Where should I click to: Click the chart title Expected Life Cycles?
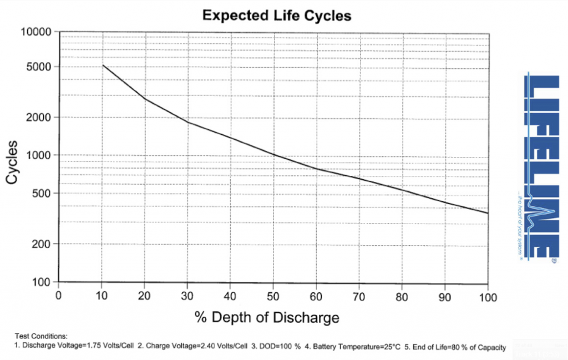(x=277, y=15)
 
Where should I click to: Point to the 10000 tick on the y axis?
(x=36, y=32)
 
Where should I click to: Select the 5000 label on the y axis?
(x=39, y=67)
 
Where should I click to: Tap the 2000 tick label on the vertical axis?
(x=39, y=118)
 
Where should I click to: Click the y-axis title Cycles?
(x=12, y=163)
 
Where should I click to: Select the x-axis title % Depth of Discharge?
(x=267, y=318)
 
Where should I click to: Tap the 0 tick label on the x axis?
(x=58, y=295)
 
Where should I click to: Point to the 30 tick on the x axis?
(x=187, y=295)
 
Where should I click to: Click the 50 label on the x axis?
(x=273, y=295)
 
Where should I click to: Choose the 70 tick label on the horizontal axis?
(x=359, y=295)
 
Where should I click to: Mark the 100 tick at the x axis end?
(x=488, y=295)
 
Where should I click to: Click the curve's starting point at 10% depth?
(x=102, y=65)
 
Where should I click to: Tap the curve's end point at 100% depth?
(x=488, y=213)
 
